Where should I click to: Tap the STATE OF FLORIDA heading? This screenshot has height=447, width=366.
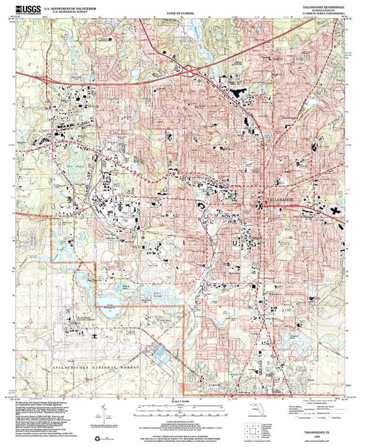coord(180,13)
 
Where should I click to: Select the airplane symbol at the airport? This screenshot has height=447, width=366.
coord(94,336)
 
